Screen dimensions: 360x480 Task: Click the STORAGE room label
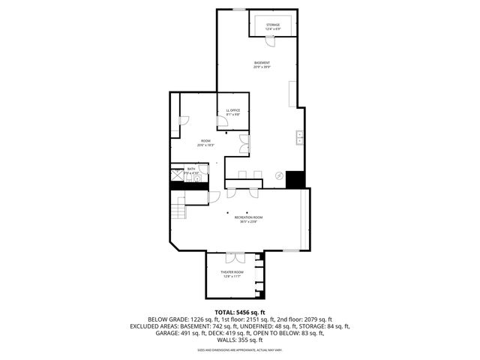[x=273, y=25]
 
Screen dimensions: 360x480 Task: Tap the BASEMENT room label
[x=262, y=62]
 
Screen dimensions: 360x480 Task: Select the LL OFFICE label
[x=233, y=110]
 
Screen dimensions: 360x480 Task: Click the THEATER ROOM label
[x=232, y=271]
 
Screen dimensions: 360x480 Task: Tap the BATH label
[x=191, y=169]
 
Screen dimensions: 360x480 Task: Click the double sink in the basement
[x=299, y=136]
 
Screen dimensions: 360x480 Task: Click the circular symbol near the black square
[x=280, y=177]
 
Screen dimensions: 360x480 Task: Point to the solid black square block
[x=295, y=179]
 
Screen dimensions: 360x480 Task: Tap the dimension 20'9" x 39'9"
[x=262, y=67]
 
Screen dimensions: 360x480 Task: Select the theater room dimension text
[x=232, y=277]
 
